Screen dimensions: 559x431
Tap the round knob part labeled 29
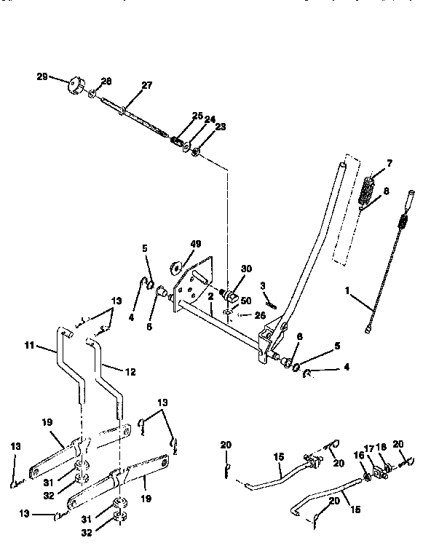click(x=75, y=85)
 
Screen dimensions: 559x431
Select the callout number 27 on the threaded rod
click(x=146, y=85)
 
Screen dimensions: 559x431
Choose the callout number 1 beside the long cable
click(x=348, y=290)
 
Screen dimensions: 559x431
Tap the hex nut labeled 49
click(x=178, y=265)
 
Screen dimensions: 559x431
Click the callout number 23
click(x=200, y=127)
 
